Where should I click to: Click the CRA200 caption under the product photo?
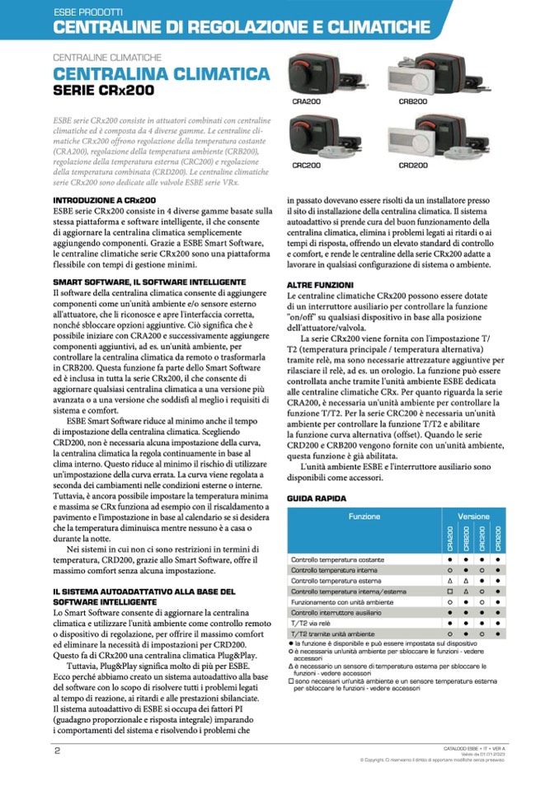click(307, 101)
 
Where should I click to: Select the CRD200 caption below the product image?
click(413, 165)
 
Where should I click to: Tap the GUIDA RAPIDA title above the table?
click(317, 498)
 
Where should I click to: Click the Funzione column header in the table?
click(364, 517)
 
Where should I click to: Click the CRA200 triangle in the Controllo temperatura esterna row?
click(450, 581)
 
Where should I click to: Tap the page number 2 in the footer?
click(58, 750)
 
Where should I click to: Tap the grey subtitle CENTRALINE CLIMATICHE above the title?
click(106, 58)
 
